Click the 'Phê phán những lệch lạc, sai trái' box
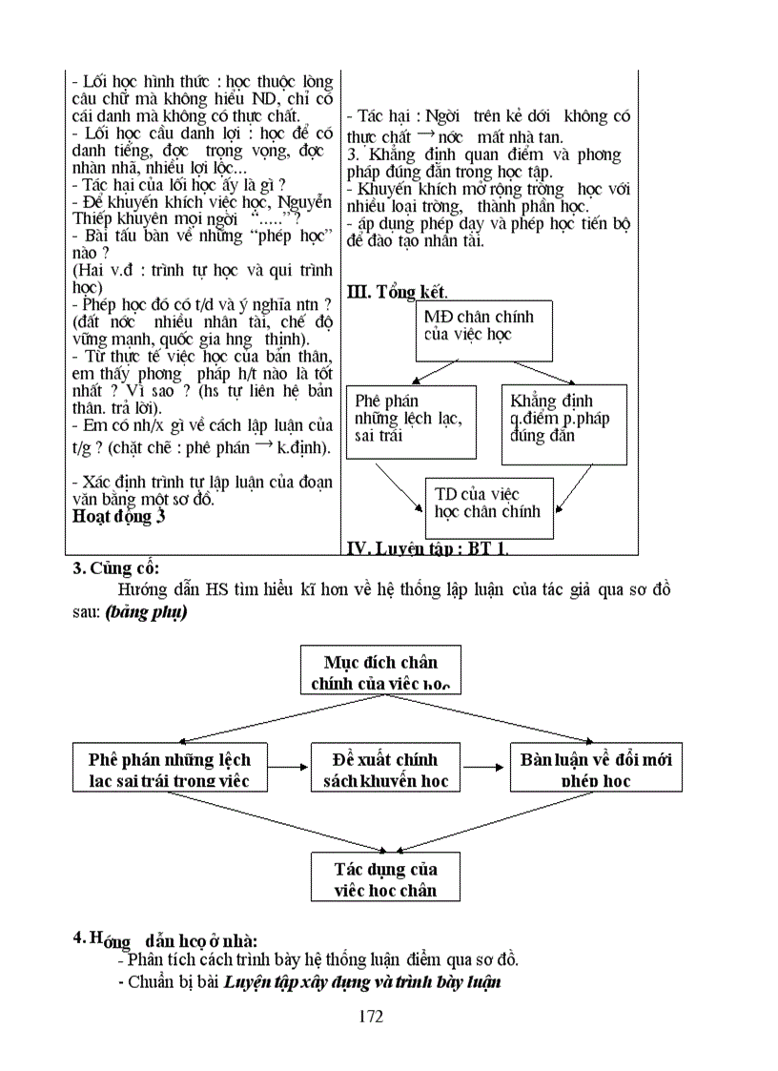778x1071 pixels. [x=411, y=421]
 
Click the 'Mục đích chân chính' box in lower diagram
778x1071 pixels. [x=379, y=670]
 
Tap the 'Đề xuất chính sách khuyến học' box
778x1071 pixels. [x=385, y=770]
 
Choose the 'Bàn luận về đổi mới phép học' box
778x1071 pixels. [x=596, y=770]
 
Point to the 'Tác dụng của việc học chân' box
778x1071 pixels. [x=385, y=878]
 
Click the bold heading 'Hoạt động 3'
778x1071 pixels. [x=119, y=517]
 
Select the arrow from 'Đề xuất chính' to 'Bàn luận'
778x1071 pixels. [x=483, y=765]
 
